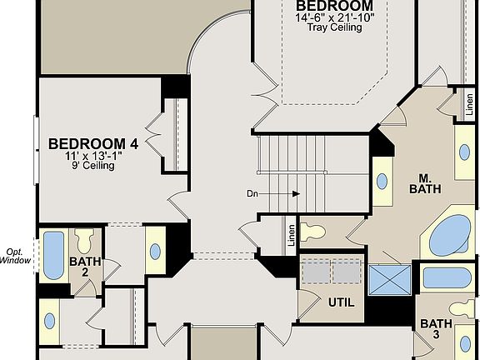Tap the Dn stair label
point(253,193)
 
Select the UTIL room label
point(341,302)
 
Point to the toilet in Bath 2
point(84,242)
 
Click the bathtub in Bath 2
point(53,255)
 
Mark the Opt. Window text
point(16,255)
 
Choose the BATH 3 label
point(435,329)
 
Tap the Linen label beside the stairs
point(291,236)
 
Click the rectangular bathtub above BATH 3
point(447,277)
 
